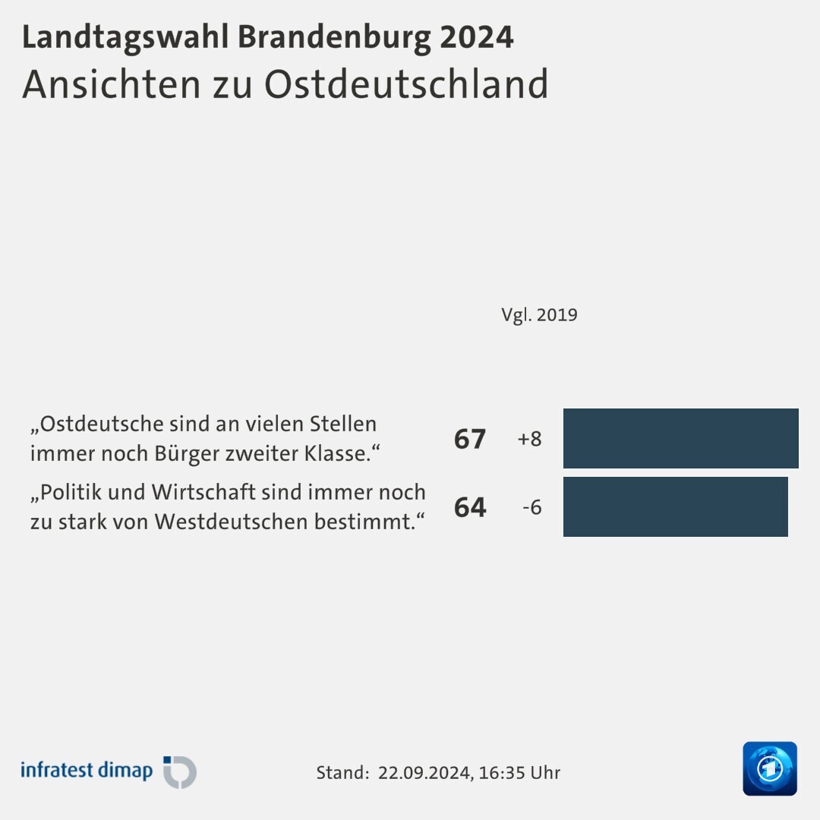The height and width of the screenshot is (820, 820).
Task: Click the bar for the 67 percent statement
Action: [x=680, y=438]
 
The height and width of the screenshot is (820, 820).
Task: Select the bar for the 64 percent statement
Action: [x=675, y=506]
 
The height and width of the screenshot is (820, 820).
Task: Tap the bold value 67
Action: [x=469, y=439]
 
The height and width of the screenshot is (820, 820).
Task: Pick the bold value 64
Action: [x=469, y=507]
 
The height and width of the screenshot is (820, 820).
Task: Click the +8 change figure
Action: [x=529, y=439]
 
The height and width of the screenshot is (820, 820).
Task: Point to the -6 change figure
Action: [x=531, y=507]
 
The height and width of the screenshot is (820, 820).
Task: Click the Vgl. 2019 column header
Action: [x=539, y=315]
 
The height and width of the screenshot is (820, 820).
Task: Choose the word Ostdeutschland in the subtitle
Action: [x=406, y=84]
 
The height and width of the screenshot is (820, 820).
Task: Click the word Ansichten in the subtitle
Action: [x=106, y=84]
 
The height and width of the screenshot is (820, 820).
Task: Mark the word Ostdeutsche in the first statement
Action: [x=90, y=423]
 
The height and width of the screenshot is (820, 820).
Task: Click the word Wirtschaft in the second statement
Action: [x=203, y=492]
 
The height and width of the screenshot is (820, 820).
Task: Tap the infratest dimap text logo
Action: [x=87, y=771]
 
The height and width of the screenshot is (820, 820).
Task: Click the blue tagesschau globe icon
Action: [x=769, y=768]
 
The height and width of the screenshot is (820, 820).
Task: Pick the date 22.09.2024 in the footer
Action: [x=425, y=773]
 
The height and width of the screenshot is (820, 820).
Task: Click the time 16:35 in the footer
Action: [x=501, y=773]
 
